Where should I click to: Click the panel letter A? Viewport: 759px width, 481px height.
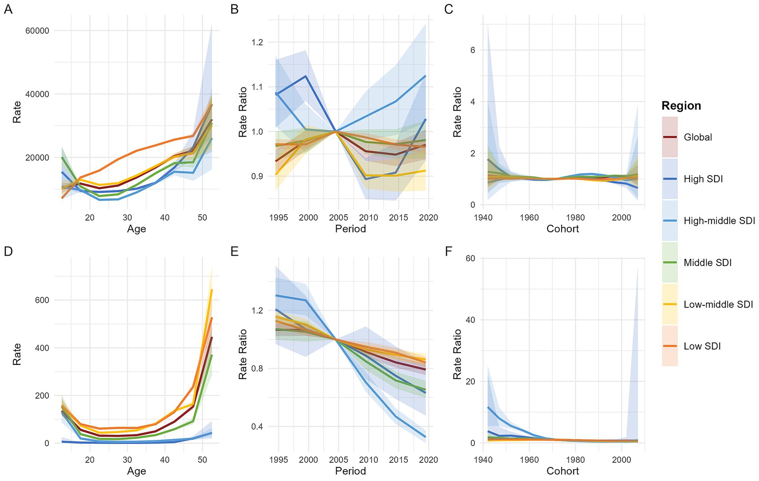coord(8,9)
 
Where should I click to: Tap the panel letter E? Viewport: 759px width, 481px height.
coord(234,251)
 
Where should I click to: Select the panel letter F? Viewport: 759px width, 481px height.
coord(448,251)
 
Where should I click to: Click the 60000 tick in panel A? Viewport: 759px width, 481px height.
coord(37,31)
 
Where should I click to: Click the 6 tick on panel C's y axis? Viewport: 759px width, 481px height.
coord(473,50)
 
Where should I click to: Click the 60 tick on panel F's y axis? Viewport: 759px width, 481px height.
coord(470,258)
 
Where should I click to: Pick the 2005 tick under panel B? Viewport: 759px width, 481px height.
coord(339,218)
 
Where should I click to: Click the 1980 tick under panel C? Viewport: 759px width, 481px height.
coord(575,218)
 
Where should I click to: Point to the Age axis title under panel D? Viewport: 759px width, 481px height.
coord(136,471)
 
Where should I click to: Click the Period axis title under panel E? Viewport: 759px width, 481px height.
coord(350,471)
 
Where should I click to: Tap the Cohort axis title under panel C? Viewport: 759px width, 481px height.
coord(563,229)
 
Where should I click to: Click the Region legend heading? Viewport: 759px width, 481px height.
coord(681,106)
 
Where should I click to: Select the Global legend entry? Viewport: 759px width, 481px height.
coord(698,137)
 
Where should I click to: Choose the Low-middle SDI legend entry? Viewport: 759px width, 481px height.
coord(718,305)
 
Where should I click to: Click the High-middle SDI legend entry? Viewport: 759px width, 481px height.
coord(719,221)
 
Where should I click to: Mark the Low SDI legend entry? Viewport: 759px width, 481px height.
coord(702,346)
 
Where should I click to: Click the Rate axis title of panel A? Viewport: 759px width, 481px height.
coord(17,112)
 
